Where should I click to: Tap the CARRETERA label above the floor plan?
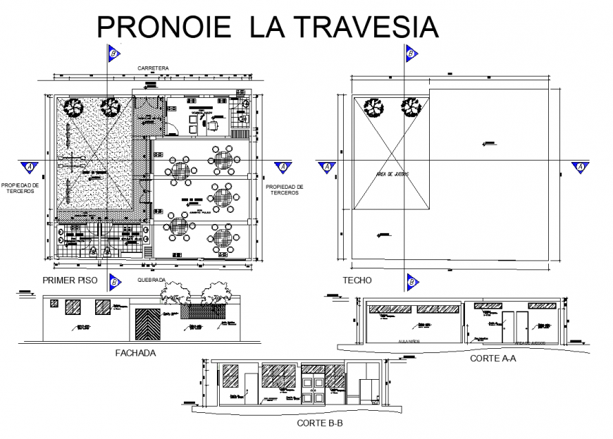[153, 68]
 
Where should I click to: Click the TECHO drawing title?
[357, 280]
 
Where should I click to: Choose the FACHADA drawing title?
[135, 352]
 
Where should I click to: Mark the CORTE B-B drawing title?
[320, 424]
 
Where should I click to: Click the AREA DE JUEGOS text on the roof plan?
[393, 172]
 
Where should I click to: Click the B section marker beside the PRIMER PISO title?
[113, 283]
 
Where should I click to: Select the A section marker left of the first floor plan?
[30, 167]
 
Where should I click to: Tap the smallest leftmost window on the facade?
[52, 304]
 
